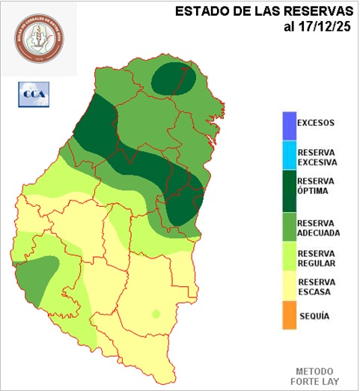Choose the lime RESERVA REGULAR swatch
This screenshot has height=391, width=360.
[288, 258]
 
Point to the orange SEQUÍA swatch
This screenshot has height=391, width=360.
[288, 316]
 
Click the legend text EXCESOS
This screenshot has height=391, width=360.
[315, 123]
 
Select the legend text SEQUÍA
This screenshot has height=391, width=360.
[314, 316]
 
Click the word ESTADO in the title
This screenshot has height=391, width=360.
[197, 11]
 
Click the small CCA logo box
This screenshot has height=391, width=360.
[32, 95]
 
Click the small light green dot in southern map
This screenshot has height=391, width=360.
[156, 313]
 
